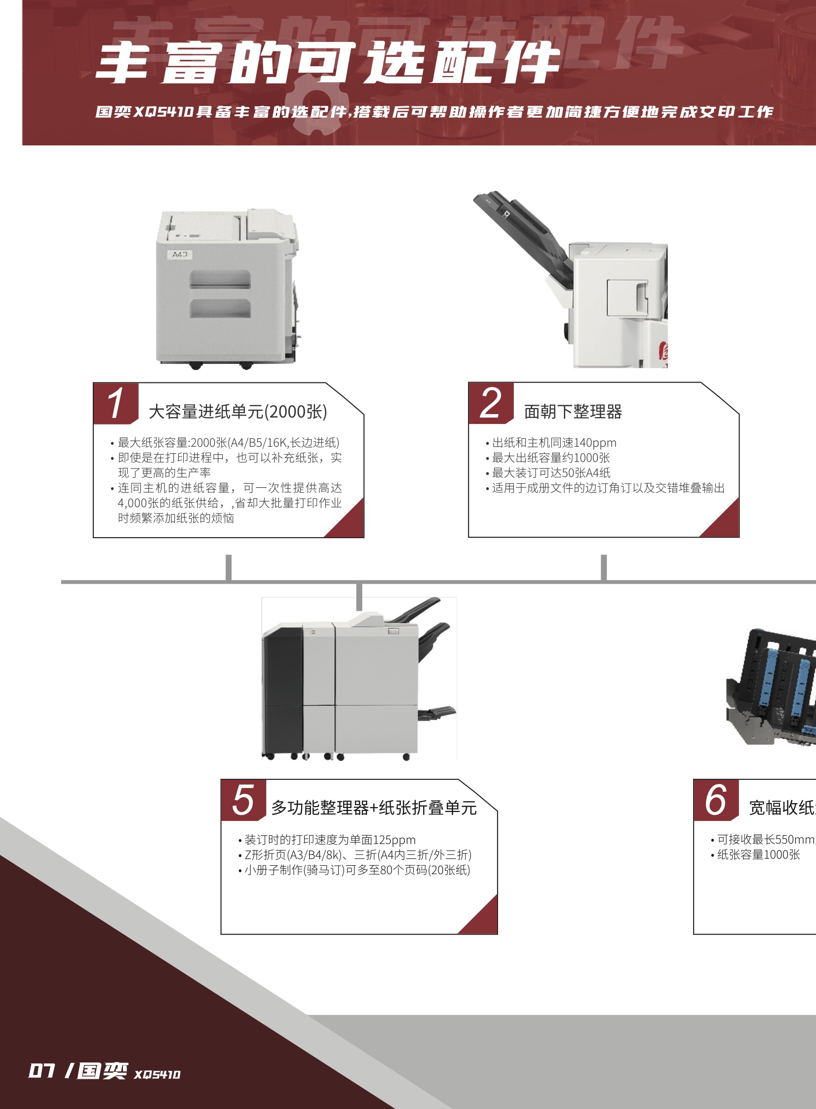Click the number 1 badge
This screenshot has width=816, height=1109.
[115, 402]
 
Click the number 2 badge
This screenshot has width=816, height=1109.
[491, 402]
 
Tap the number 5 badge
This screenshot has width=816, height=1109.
[243, 800]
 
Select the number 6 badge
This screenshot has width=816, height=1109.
[716, 800]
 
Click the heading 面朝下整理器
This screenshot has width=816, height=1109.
[573, 411]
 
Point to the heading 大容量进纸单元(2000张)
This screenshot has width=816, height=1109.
[237, 411]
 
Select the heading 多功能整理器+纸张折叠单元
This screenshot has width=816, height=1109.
[374, 808]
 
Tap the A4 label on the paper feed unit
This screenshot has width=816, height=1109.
[179, 255]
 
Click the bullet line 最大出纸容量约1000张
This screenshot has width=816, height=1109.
[551, 458]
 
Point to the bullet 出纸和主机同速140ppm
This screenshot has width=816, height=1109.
[554, 442]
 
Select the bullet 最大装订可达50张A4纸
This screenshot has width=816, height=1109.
[551, 472]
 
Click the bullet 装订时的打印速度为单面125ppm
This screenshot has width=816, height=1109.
[330, 840]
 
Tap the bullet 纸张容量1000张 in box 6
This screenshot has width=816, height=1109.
[758, 855]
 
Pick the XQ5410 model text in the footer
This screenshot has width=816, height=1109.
[157, 1074]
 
